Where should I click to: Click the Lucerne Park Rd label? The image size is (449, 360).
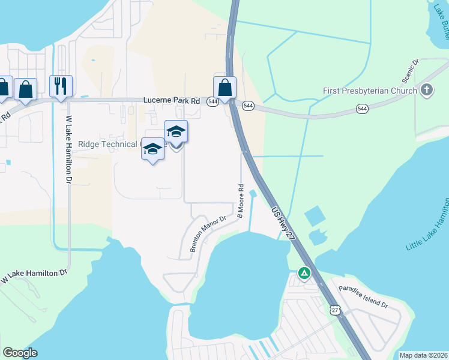pyautogui.click(x=171, y=101)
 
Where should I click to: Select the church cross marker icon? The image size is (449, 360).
pyautogui.click(x=427, y=91)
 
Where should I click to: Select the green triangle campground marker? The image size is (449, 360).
pyautogui.click(x=304, y=274)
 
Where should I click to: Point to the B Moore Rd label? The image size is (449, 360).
pyautogui.click(x=241, y=200)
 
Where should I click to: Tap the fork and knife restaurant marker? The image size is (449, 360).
pyautogui.click(x=61, y=86)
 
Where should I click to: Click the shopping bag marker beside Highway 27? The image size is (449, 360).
pyautogui.click(x=224, y=88)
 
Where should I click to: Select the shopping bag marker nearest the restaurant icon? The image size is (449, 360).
pyautogui.click(x=26, y=89)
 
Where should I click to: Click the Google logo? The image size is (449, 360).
pyautogui.click(x=20, y=352)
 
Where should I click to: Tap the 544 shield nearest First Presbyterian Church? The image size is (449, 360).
pyautogui.click(x=362, y=109)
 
